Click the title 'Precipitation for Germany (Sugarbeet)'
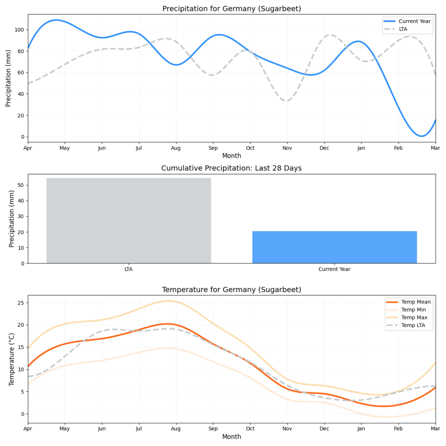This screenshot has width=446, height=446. coord(231,9)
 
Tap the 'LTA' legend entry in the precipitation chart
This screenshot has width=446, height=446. coord(404,29)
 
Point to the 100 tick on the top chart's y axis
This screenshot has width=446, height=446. coord(20,30)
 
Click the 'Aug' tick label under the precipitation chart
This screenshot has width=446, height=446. coord(176,148)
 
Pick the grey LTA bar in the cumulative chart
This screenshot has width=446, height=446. coord(128,220)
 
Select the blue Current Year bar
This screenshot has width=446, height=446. coord(334,247)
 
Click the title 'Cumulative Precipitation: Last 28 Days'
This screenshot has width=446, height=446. coord(231,168)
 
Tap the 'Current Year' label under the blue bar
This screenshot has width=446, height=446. coord(334,269)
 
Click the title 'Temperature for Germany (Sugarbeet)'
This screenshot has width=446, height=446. coord(231,290)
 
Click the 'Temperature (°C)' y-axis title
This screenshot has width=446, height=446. coord(12,359)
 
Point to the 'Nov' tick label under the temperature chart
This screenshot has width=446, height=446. coord(287,429)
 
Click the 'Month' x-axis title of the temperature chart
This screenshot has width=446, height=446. coord(231,436)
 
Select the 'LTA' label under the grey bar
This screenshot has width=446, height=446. coord(128,269)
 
